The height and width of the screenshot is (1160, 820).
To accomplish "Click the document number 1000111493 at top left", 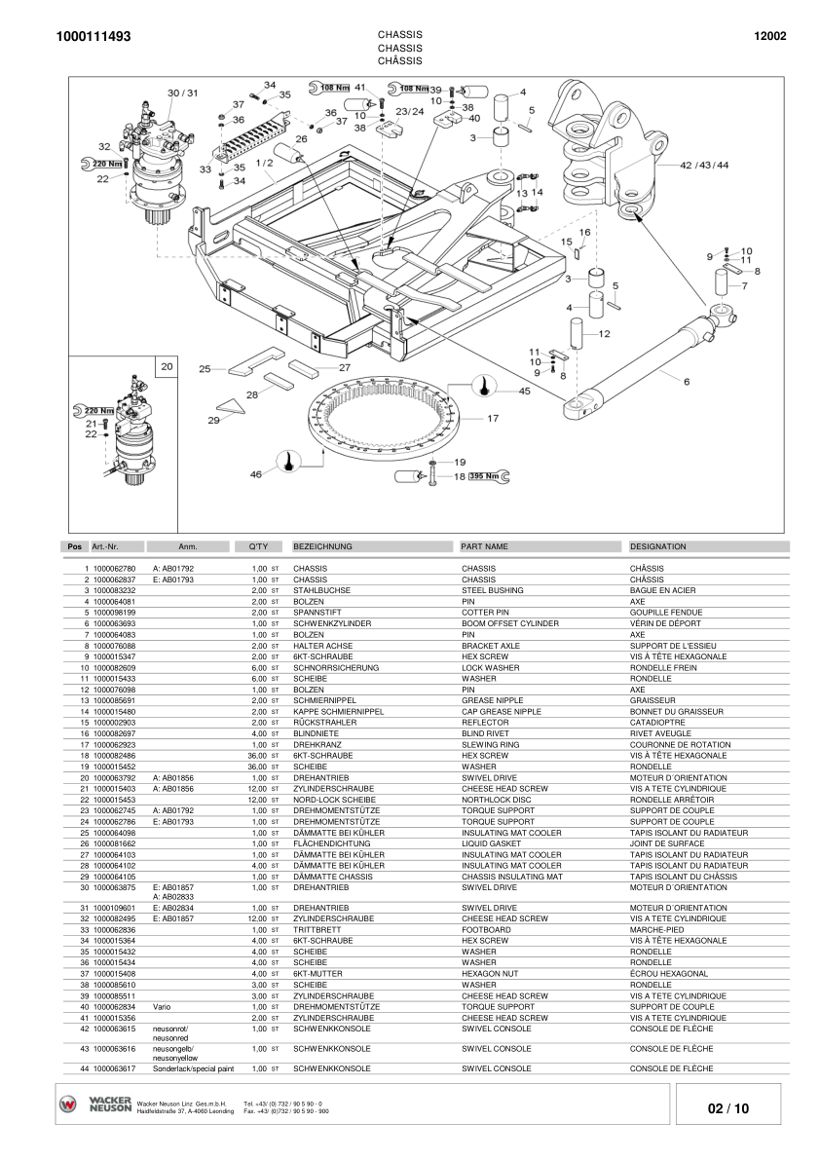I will click(94, 37).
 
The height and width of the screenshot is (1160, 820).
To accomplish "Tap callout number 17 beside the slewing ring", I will click(493, 419).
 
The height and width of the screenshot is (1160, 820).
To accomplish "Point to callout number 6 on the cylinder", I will click(686, 382).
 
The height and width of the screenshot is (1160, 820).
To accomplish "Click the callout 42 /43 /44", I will click(704, 165).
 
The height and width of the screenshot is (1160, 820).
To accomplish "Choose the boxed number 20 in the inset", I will click(167, 367).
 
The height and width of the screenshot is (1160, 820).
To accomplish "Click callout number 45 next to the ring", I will click(524, 391).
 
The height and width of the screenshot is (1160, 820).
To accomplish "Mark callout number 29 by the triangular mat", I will click(214, 420).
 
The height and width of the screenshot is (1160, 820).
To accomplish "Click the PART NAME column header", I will click(484, 546).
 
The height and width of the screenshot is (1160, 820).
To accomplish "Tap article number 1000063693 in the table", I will click(114, 623).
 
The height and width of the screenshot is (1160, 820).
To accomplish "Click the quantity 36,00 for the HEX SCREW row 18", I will click(257, 755).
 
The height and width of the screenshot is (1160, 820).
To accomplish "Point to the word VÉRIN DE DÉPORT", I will click(665, 623).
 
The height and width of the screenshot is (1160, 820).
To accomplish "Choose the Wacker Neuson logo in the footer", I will click(95, 1104).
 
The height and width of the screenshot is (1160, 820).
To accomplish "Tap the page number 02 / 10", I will click(728, 1108).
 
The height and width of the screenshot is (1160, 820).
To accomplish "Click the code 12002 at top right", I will click(769, 37).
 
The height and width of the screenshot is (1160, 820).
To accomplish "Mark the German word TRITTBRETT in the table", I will click(316, 930).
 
